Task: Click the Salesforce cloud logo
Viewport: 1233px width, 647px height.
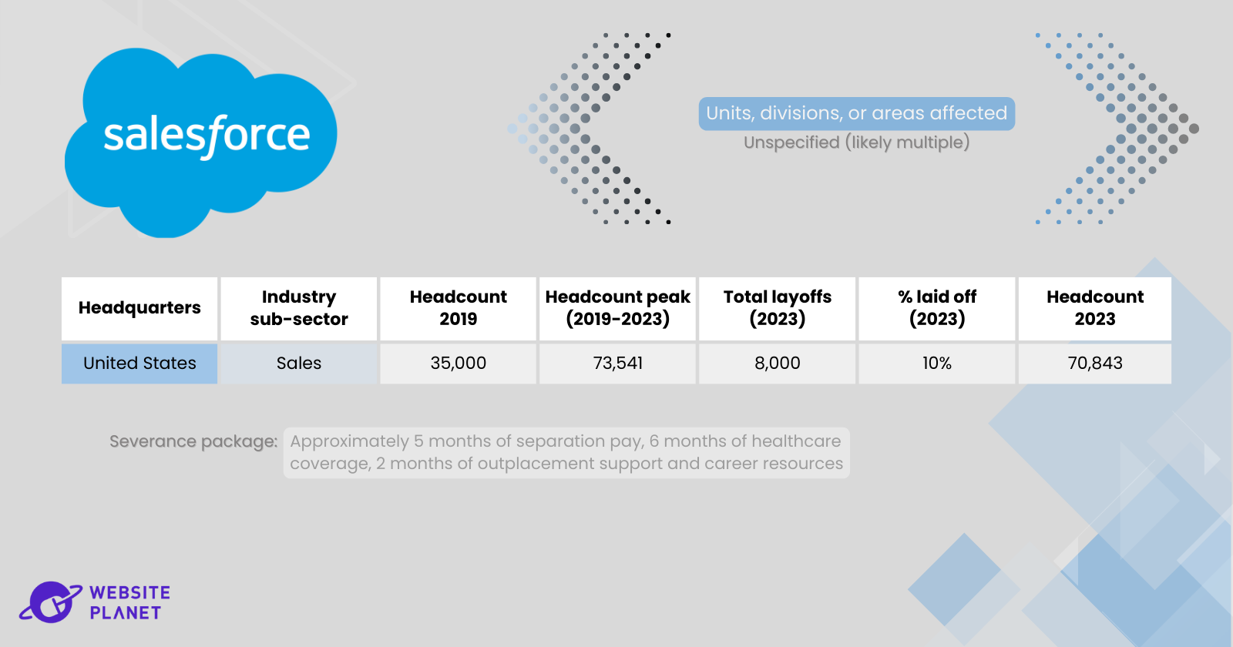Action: tap(201, 142)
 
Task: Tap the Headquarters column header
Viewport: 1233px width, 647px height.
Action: tap(139, 308)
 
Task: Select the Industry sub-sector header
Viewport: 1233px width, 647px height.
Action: tap(299, 308)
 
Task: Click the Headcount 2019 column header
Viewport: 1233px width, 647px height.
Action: tap(458, 308)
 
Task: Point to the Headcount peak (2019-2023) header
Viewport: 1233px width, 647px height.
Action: tap(617, 308)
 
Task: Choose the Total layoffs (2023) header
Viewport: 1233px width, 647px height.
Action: tap(778, 308)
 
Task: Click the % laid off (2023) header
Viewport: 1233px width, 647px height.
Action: tap(937, 308)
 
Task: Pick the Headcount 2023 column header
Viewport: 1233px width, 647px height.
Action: tap(1095, 308)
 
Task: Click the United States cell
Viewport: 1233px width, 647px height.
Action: tap(139, 364)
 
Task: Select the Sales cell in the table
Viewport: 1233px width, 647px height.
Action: tap(299, 364)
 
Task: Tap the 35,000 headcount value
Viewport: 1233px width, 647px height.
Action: tap(458, 364)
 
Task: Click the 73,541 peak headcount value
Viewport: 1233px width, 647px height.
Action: tap(617, 364)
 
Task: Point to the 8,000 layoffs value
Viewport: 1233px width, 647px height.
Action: tap(778, 364)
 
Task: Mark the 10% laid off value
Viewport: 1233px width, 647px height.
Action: tap(937, 364)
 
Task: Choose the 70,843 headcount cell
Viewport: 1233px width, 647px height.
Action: tap(1095, 364)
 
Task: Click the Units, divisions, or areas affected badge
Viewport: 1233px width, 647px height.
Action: tap(856, 114)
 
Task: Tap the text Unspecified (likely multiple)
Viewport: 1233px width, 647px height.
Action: tap(856, 142)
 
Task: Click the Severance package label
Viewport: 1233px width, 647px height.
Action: tap(193, 442)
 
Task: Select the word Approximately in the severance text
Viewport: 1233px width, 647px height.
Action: tap(350, 442)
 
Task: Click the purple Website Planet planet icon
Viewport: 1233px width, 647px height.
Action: tap(51, 602)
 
